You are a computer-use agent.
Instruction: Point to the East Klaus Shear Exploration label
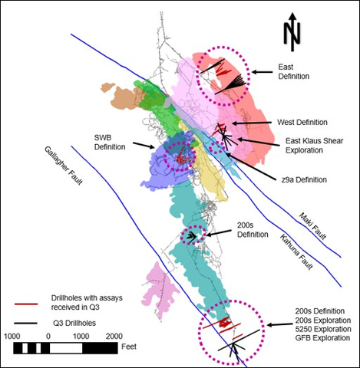[307, 145]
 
